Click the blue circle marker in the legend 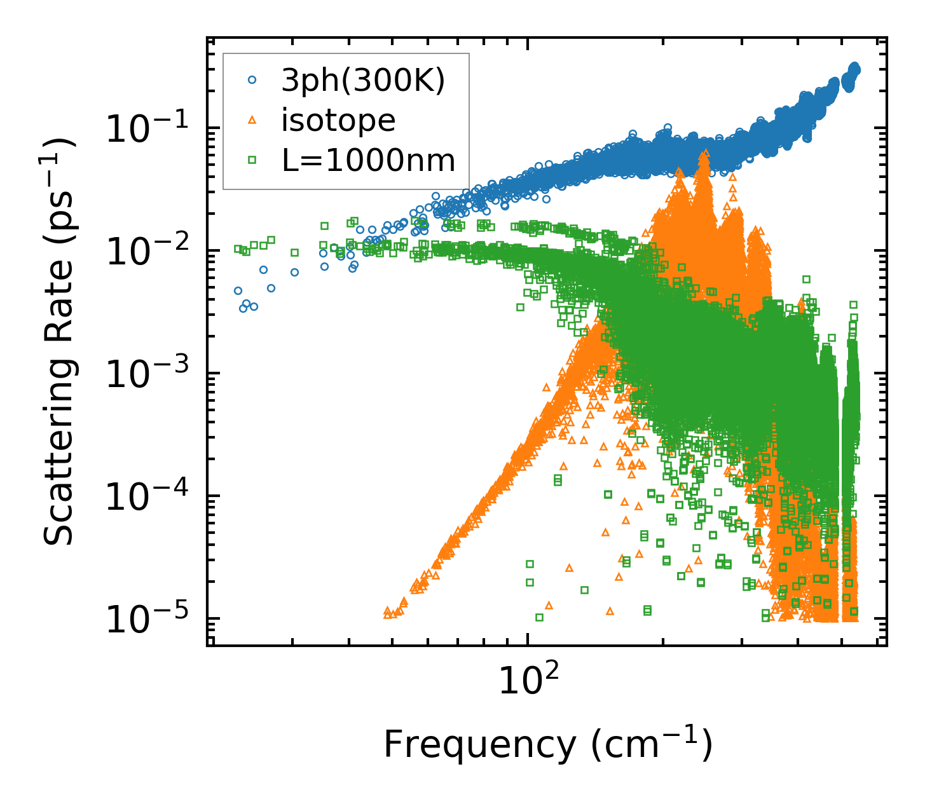[x=252, y=80]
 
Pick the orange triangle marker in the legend [x=252, y=120]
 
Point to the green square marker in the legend [x=252, y=160]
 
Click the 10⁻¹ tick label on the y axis [x=148, y=130]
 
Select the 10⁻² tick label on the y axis [x=148, y=252]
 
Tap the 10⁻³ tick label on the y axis [x=148, y=375]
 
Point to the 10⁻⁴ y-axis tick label [x=148, y=498]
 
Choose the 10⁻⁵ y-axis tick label [x=148, y=620]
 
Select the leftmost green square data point [x=238, y=249]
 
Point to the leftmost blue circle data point [x=238, y=290]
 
